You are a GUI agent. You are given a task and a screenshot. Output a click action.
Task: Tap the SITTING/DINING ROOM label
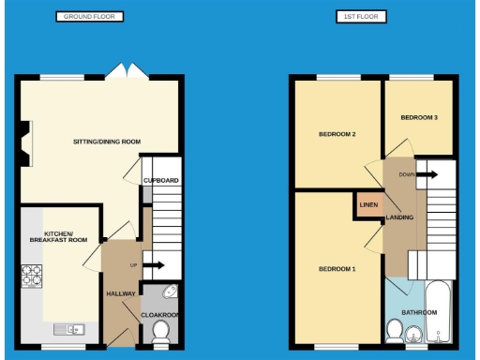[x=107, y=142]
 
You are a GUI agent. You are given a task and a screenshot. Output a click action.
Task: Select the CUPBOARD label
[x=160, y=180]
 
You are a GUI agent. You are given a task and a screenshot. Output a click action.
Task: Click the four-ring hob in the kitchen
[x=31, y=276]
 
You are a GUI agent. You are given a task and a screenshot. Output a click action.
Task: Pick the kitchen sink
[x=69, y=328]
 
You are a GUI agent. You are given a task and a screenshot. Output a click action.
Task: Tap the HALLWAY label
[x=121, y=293]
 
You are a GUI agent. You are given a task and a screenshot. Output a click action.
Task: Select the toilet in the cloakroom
[x=160, y=330]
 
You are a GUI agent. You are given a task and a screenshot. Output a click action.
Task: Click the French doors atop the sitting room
[x=118, y=72]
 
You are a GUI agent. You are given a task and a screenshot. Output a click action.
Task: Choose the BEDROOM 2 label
[x=337, y=134]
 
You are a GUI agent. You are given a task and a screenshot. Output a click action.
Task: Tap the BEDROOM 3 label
[x=419, y=117]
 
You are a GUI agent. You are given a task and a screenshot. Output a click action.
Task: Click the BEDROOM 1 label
[x=337, y=269]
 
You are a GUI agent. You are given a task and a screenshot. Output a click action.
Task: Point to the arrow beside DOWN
[x=427, y=174]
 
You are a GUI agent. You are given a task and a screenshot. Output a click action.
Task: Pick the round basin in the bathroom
[x=396, y=330]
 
